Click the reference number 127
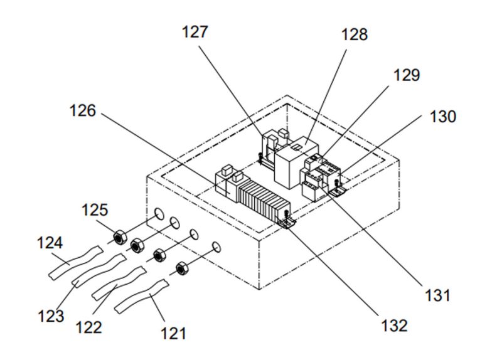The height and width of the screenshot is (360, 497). [195, 32]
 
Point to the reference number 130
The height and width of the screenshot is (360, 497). [443, 117]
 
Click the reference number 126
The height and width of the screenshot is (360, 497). [83, 111]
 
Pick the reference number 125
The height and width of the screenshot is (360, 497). [94, 209]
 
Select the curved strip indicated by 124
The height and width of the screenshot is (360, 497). [74, 262]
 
